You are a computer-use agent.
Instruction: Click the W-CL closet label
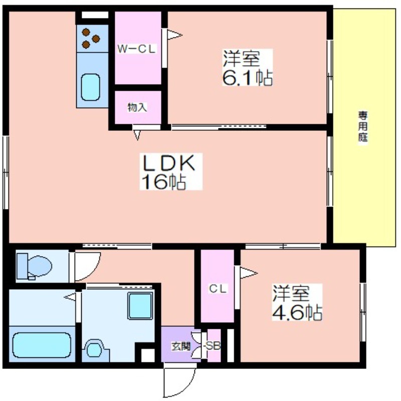click(136, 49)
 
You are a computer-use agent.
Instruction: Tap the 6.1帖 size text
click(247, 77)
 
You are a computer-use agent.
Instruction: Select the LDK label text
click(169, 163)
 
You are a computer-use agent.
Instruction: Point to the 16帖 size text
click(164, 181)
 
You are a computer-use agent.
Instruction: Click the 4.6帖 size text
click(297, 312)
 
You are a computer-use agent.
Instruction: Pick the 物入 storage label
click(137, 107)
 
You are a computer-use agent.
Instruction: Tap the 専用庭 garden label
click(362, 127)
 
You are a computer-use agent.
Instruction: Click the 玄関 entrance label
click(181, 346)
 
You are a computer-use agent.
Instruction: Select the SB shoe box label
click(213, 346)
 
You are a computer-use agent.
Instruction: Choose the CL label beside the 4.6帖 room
click(218, 289)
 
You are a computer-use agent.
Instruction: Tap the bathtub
click(42, 345)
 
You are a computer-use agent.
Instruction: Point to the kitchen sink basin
click(90, 87)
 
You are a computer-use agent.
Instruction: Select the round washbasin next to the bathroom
click(95, 349)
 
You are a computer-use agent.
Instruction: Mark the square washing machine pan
click(140, 306)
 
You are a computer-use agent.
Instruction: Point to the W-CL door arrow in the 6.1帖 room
click(174, 35)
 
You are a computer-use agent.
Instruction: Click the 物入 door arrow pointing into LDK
click(137, 135)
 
